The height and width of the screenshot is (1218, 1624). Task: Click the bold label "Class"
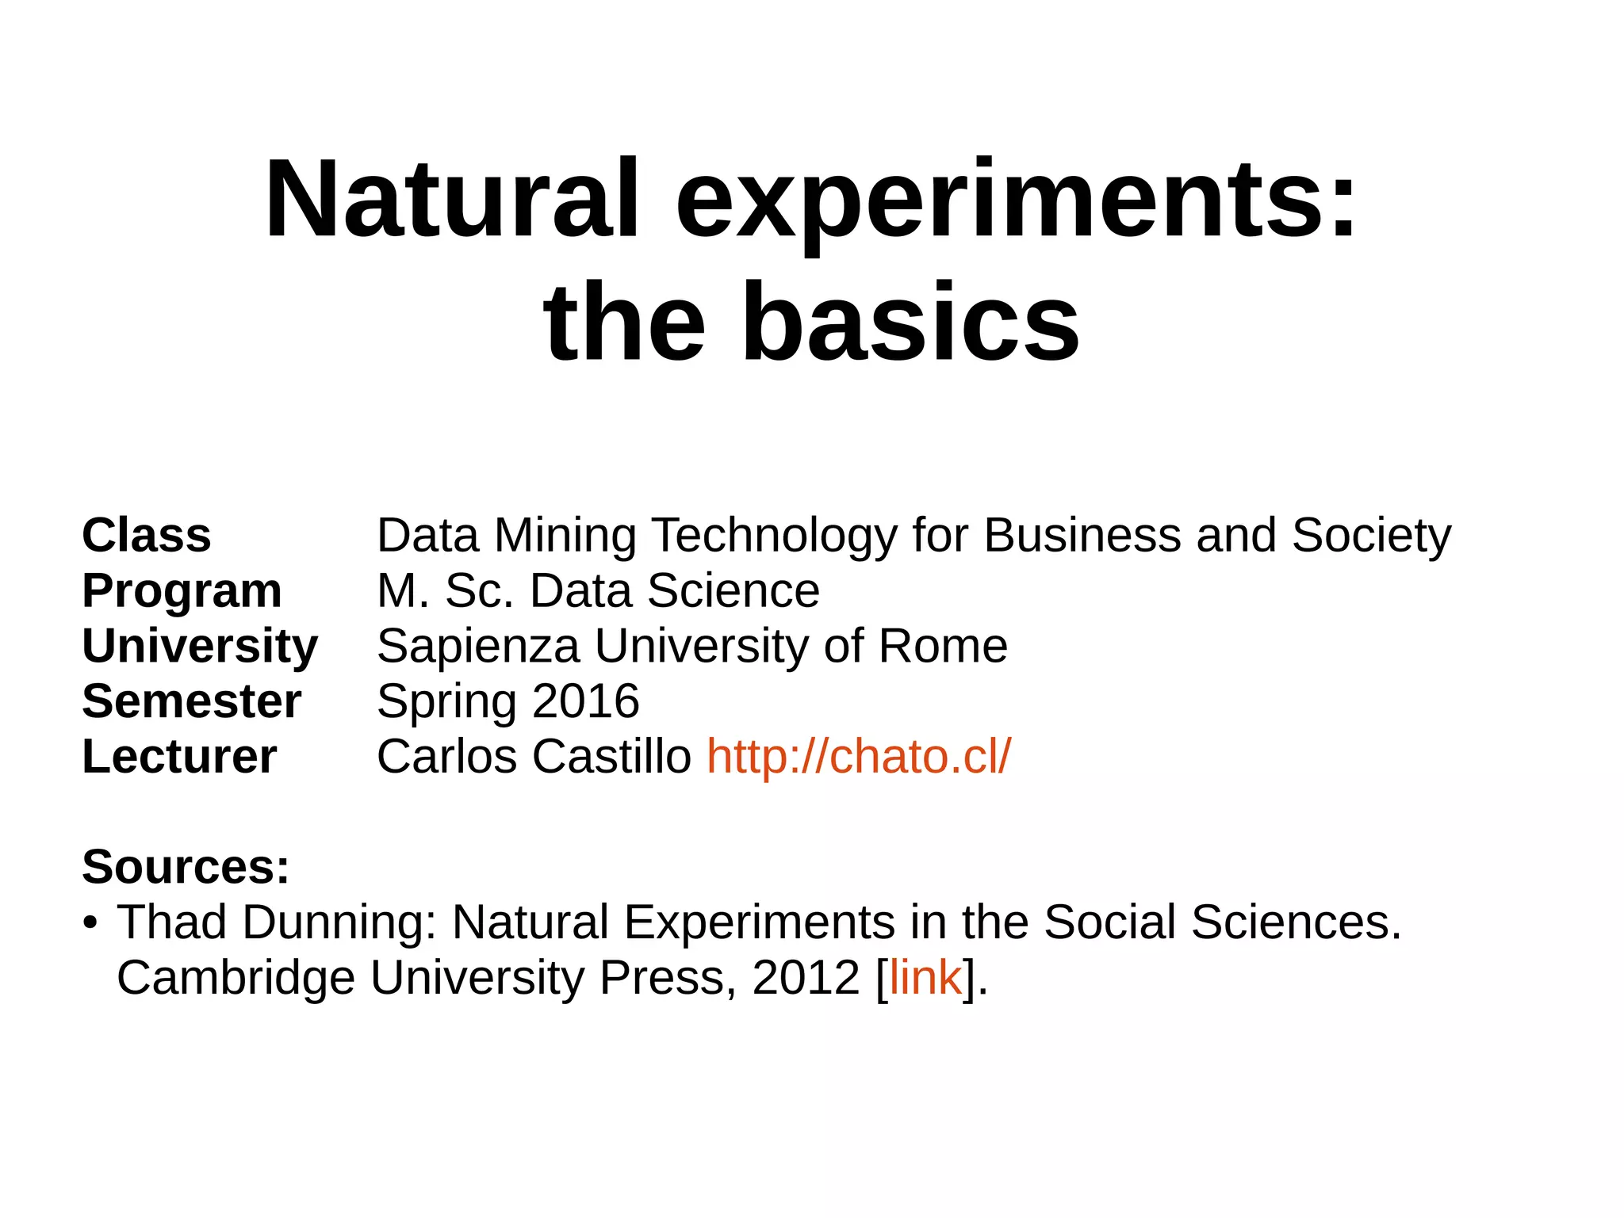(147, 536)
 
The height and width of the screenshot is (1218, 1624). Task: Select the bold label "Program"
(182, 591)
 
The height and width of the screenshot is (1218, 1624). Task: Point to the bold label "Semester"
(191, 701)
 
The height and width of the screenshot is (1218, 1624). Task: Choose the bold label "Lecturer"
(179, 757)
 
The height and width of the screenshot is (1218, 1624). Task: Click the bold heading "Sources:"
(186, 867)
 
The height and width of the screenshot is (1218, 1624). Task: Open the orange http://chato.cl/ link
(859, 757)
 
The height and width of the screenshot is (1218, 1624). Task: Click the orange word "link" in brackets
(925, 978)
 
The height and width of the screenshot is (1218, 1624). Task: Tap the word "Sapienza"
(478, 647)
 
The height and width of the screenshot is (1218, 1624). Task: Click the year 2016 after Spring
(586, 701)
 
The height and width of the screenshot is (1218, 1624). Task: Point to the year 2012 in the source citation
(806, 978)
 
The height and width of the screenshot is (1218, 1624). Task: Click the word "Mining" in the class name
(565, 536)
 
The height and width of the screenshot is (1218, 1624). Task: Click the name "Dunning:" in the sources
(339, 923)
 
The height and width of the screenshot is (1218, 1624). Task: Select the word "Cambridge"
(236, 978)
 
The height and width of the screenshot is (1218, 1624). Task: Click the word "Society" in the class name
(1371, 536)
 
